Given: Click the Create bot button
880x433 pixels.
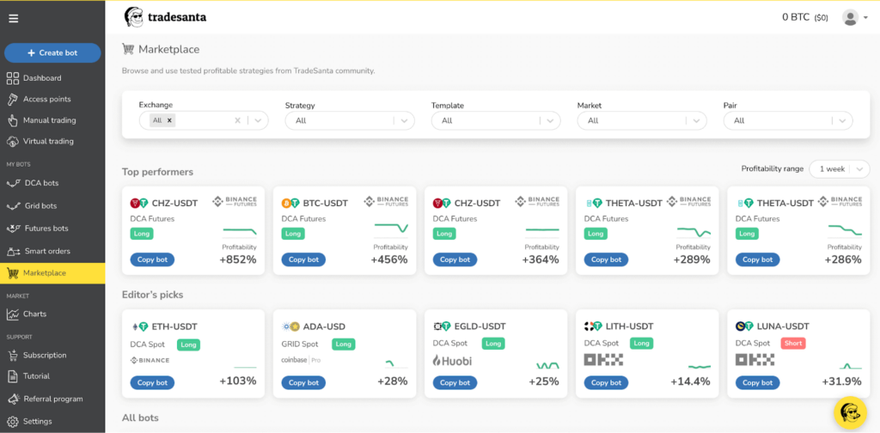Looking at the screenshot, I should click(52, 52).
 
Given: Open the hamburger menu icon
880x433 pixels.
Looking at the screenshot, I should click(13, 18).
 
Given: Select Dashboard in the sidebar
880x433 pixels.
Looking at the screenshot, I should click(42, 78).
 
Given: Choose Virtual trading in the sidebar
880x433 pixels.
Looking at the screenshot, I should click(48, 141).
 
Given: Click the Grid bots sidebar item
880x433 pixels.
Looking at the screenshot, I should click(40, 206).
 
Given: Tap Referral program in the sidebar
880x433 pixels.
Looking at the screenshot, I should click(52, 399).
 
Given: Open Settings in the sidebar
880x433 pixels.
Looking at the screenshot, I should click(37, 421).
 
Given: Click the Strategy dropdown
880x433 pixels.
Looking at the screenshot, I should click(349, 121).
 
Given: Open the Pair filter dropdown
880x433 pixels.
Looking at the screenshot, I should click(787, 121).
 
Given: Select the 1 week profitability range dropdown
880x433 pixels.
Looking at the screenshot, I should click(839, 169).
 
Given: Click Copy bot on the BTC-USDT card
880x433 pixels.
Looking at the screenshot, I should click(303, 259).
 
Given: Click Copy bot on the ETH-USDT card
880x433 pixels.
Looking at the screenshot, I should click(152, 382).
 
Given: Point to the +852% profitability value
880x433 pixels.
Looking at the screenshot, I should click(237, 259).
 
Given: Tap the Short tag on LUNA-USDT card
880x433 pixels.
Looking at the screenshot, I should click(792, 344).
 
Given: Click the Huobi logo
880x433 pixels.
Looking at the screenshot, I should click(452, 360).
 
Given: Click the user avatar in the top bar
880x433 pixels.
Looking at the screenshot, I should click(850, 17).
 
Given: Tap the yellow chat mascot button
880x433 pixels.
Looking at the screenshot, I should click(851, 413).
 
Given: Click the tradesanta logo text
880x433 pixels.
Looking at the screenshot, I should click(177, 16).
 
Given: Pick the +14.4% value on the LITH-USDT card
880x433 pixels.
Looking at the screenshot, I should click(690, 381).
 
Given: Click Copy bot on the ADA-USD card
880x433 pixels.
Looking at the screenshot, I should click(303, 382).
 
